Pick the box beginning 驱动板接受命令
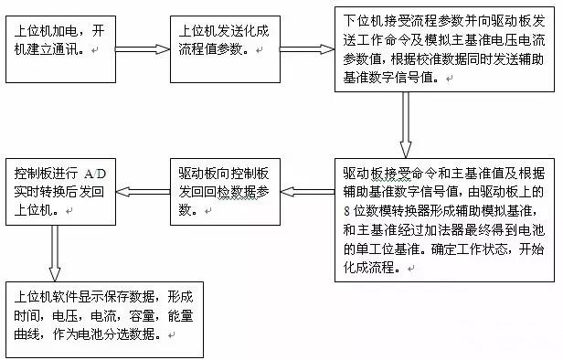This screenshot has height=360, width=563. pos(443,217)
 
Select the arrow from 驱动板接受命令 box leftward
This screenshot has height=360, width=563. pos(307,191)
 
